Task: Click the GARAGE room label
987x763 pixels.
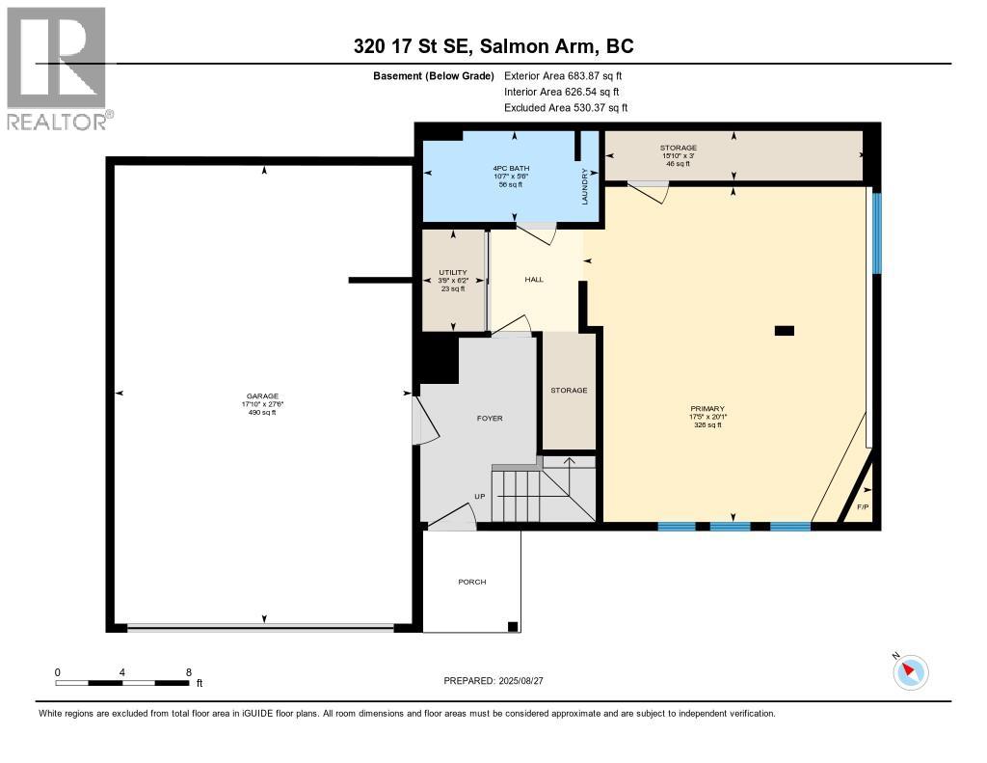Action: tap(262, 396)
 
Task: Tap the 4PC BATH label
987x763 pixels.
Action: tap(511, 168)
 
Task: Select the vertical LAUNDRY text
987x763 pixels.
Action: tap(585, 186)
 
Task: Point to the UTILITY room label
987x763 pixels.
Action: tap(453, 273)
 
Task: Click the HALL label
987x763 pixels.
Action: tap(534, 279)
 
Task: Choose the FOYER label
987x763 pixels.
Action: tap(490, 419)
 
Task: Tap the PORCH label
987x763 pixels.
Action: tap(472, 583)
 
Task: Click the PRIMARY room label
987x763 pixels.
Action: tap(707, 408)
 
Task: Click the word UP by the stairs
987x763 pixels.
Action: tap(480, 497)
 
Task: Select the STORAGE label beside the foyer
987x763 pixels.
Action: tap(569, 391)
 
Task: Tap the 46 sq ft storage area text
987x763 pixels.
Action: tap(678, 164)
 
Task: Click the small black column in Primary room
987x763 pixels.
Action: tap(785, 330)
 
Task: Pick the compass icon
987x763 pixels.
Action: tap(910, 672)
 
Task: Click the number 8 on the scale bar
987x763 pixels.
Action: tap(189, 672)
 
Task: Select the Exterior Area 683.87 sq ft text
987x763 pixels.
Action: tap(563, 75)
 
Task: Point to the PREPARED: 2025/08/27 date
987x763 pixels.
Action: tap(493, 681)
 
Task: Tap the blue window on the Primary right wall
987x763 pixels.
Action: tap(877, 233)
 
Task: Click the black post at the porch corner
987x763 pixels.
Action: tap(513, 627)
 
